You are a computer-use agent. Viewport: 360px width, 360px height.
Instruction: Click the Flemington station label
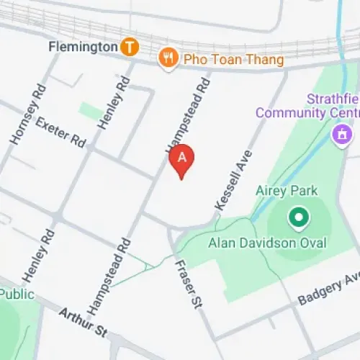coord(82,48)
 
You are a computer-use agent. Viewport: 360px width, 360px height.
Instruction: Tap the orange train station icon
coord(130,48)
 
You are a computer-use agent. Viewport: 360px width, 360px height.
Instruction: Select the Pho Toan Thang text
coord(232,59)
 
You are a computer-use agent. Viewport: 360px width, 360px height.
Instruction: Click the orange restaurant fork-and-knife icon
coord(168,58)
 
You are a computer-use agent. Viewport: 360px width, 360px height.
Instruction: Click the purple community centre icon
coord(341,133)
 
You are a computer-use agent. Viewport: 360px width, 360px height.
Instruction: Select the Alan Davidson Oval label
coord(268,243)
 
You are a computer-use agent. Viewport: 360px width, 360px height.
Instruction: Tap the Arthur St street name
coord(82,322)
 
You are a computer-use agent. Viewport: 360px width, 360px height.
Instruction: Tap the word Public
coord(17,294)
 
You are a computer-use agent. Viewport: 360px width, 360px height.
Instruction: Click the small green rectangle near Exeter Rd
coord(91,111)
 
